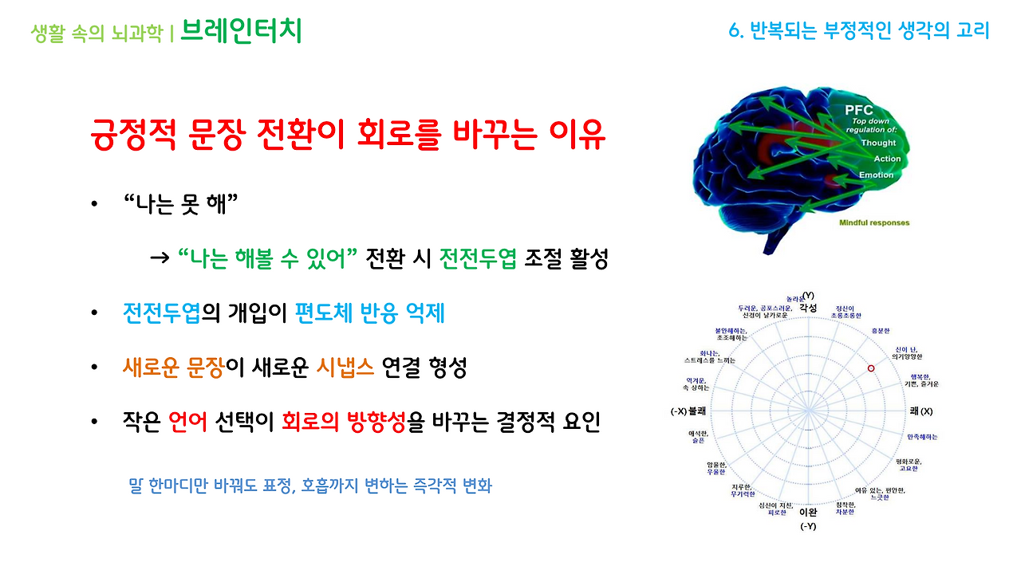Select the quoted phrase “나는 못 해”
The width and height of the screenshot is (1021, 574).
point(182,205)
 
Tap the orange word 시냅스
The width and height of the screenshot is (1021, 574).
point(345,368)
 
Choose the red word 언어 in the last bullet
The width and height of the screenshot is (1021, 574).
point(188,422)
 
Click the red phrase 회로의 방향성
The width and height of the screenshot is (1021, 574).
point(344,422)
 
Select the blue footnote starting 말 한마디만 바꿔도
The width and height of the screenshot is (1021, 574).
point(310,485)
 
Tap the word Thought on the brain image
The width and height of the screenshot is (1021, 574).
point(878,143)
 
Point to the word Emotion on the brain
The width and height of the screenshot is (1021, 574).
point(877,175)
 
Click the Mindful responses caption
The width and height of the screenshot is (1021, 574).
point(874,222)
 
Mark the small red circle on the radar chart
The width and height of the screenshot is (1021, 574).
point(871,368)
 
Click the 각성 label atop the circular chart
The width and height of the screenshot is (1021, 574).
point(808,307)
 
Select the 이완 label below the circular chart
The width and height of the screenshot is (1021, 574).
point(808,512)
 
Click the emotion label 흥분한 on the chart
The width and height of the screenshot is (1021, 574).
point(881,330)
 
